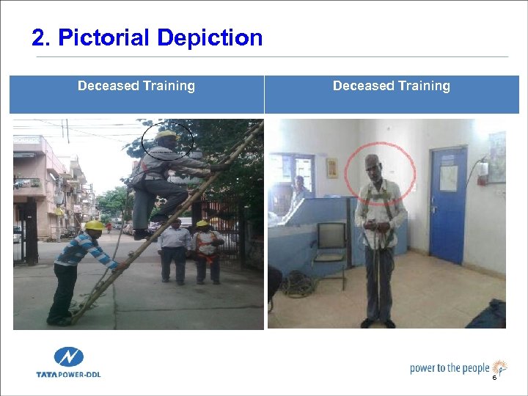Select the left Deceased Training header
[x=136, y=86]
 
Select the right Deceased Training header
[x=392, y=86]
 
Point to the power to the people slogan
[x=449, y=367]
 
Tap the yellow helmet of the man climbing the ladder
[x=166, y=136]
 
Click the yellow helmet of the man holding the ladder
[x=94, y=226]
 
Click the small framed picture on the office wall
[x=331, y=168]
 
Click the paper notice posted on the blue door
[x=448, y=177]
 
